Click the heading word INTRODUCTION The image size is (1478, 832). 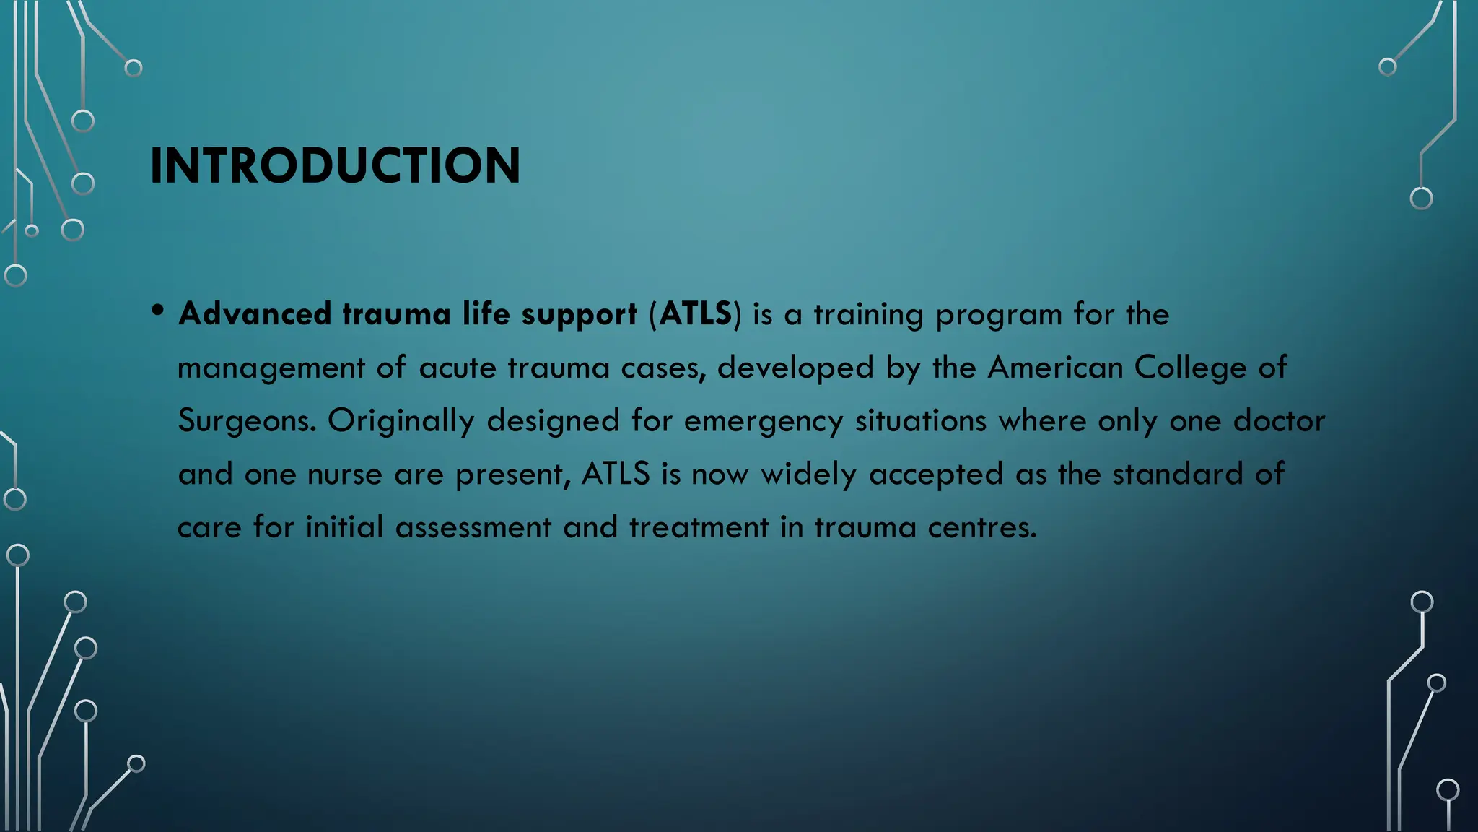point(335,165)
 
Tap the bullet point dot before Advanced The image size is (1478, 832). point(158,311)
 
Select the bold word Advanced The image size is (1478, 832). point(255,314)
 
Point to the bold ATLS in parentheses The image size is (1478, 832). point(695,314)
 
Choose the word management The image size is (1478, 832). point(271,368)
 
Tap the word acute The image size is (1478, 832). point(458,368)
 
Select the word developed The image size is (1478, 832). point(795,368)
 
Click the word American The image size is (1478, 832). point(1055,368)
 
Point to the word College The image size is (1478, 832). point(1190,368)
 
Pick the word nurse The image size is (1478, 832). point(344,474)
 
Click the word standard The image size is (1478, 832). point(1177,474)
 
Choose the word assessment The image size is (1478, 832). point(473,527)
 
